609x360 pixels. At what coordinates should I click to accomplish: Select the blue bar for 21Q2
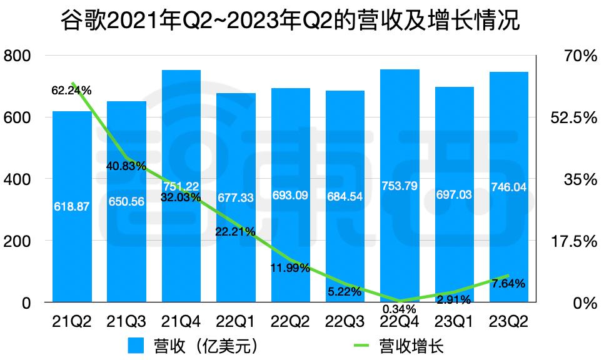coord(72,250)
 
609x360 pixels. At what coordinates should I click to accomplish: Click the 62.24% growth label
coord(71,91)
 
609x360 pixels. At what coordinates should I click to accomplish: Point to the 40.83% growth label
coord(126,166)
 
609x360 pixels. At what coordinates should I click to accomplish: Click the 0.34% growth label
coord(398,309)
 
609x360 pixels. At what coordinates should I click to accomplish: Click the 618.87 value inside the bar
coord(71,206)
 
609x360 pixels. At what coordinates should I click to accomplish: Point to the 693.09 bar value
coord(290,195)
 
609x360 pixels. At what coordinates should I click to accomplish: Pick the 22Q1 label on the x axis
coord(236,322)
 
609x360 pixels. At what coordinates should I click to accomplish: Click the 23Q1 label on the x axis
coord(454,322)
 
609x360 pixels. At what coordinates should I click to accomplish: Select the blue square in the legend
coord(137,346)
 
